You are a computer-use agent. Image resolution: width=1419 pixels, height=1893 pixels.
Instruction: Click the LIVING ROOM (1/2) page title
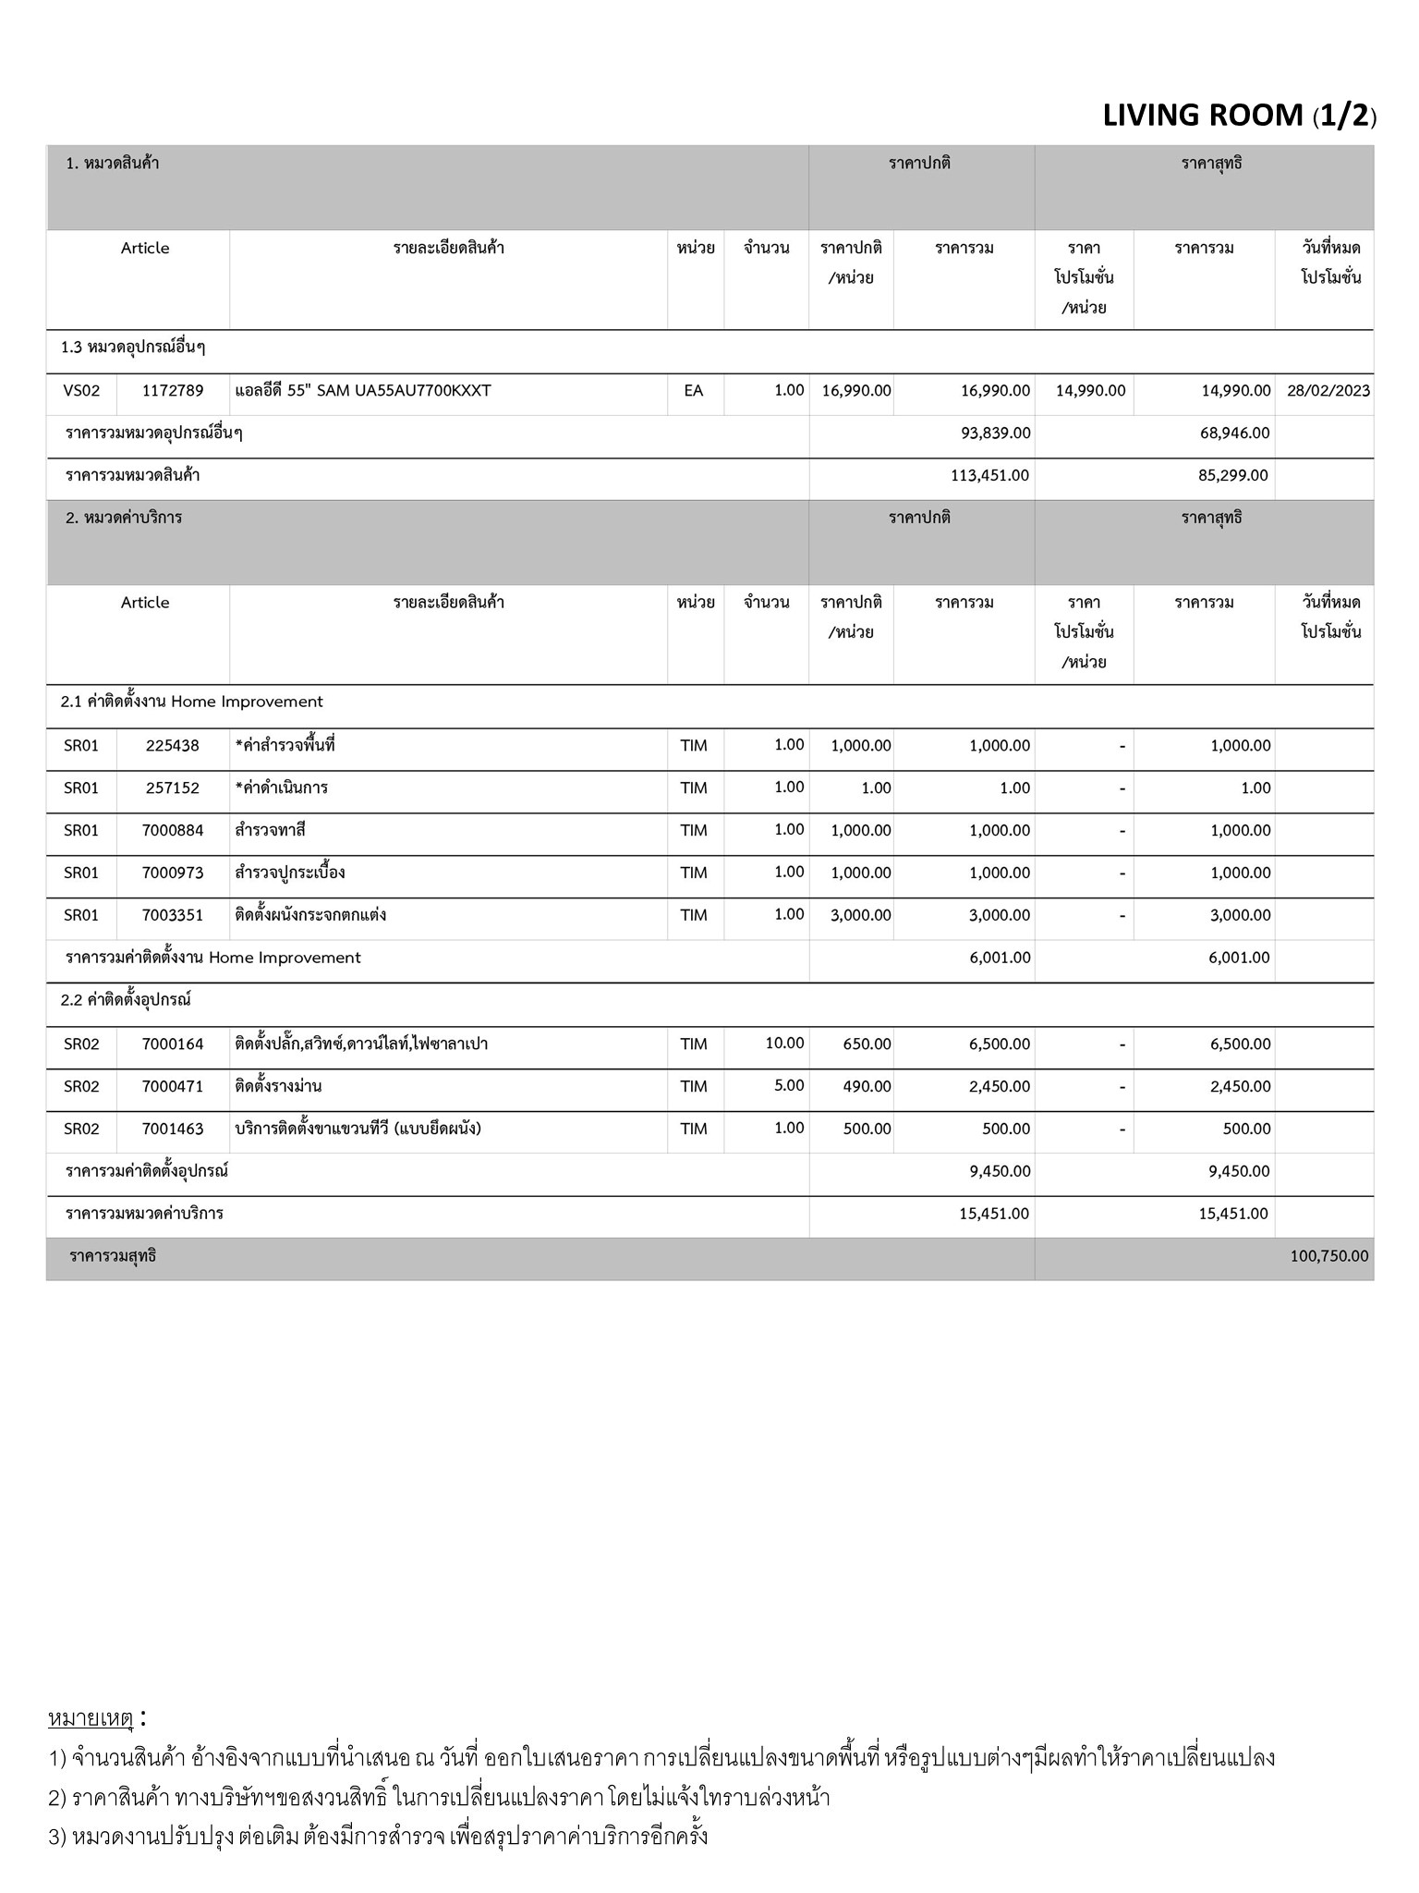click(1239, 116)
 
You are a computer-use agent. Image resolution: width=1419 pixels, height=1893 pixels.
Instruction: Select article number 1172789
click(173, 391)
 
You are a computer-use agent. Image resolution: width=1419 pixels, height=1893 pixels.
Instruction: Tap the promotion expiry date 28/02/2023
click(1328, 391)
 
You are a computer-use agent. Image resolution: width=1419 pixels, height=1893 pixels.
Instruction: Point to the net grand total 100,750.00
click(1328, 1256)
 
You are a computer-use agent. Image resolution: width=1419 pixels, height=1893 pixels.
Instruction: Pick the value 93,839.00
click(995, 434)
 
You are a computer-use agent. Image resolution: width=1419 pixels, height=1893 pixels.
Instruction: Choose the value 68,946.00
click(1234, 434)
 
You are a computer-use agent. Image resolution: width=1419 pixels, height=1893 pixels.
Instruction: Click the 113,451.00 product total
click(988, 476)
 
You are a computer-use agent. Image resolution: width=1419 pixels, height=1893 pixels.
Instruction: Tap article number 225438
click(173, 746)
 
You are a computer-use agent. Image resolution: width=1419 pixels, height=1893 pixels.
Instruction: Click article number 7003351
click(173, 916)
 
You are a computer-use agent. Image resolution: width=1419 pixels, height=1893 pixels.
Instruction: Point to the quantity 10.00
click(784, 1044)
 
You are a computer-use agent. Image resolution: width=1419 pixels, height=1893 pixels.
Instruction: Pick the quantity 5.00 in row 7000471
click(788, 1086)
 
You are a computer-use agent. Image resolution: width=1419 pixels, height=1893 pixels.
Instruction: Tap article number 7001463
click(173, 1130)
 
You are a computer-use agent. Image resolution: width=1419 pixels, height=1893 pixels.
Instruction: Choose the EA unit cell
click(694, 391)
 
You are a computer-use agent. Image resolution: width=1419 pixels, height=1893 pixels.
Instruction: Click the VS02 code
click(81, 391)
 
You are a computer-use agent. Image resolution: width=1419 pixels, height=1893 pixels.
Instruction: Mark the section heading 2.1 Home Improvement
click(192, 702)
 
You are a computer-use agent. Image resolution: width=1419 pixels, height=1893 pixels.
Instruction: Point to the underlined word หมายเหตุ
click(91, 1719)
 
